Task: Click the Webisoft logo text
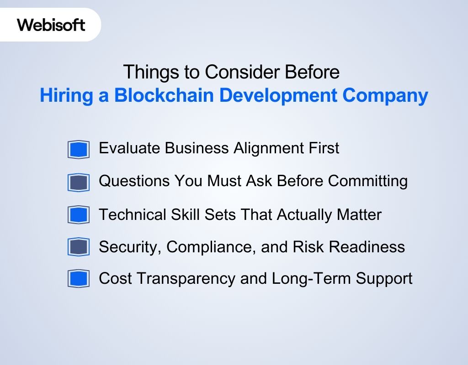point(51,25)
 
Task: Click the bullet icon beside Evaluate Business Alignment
point(78,149)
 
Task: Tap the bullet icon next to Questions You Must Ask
point(78,182)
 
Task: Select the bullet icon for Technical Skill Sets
point(78,214)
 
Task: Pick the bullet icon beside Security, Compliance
point(78,247)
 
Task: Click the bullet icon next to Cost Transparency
point(78,279)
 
